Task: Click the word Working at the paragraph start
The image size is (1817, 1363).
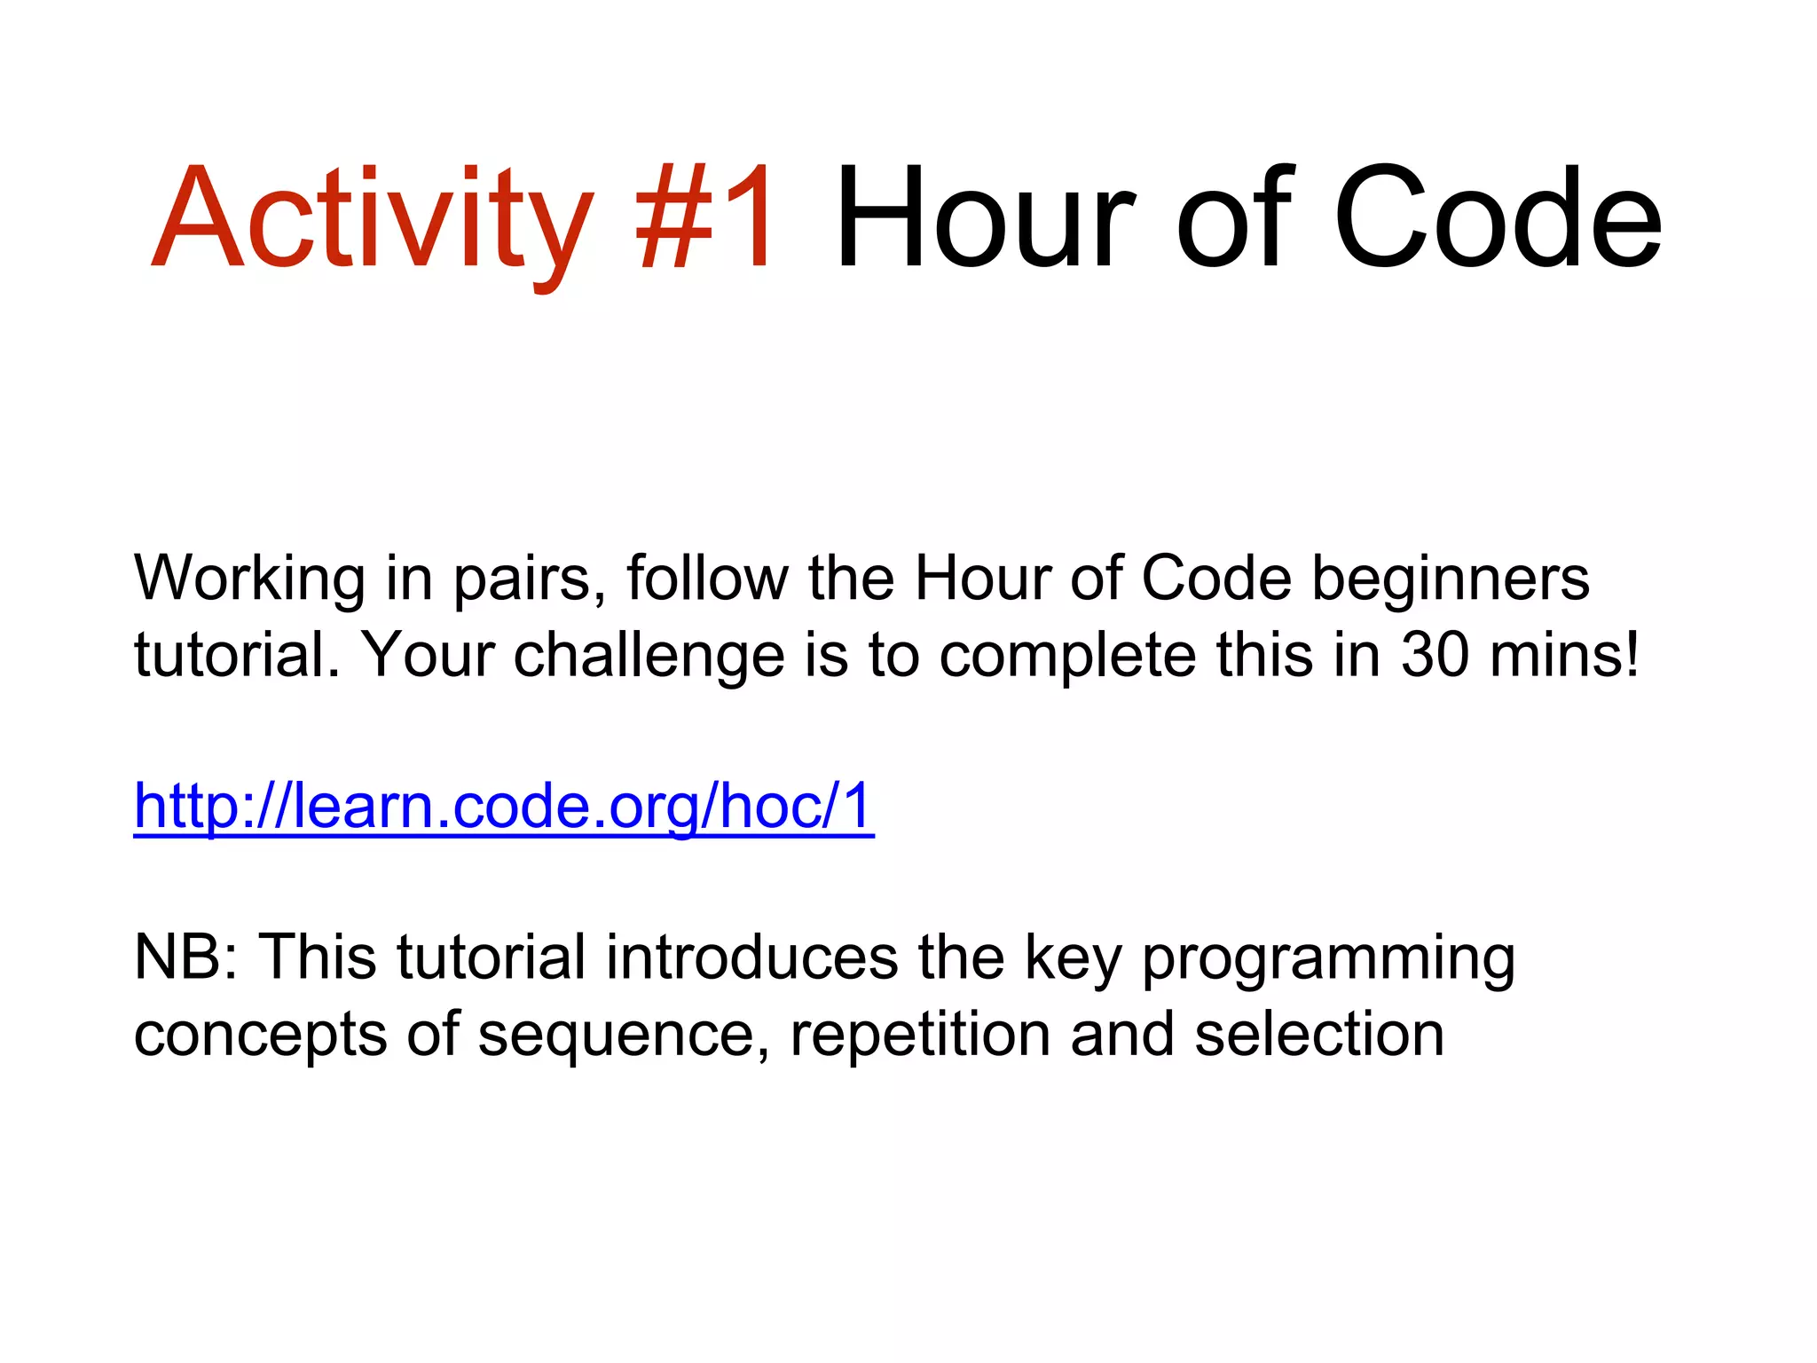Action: [249, 579]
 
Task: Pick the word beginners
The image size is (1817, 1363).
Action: [1451, 579]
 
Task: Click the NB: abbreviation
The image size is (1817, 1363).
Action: [186, 957]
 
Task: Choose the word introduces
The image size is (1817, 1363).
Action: [752, 957]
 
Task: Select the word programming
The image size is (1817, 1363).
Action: [1328, 959]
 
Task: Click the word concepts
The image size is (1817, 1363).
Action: [261, 1036]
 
